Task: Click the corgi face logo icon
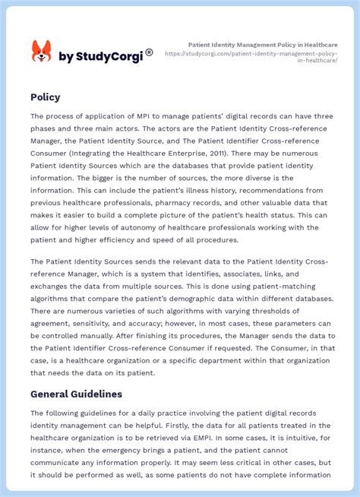click(41, 52)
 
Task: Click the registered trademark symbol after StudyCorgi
click(149, 52)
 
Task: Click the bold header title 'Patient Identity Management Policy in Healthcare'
click(261, 46)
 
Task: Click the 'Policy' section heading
click(46, 97)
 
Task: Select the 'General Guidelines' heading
click(76, 394)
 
